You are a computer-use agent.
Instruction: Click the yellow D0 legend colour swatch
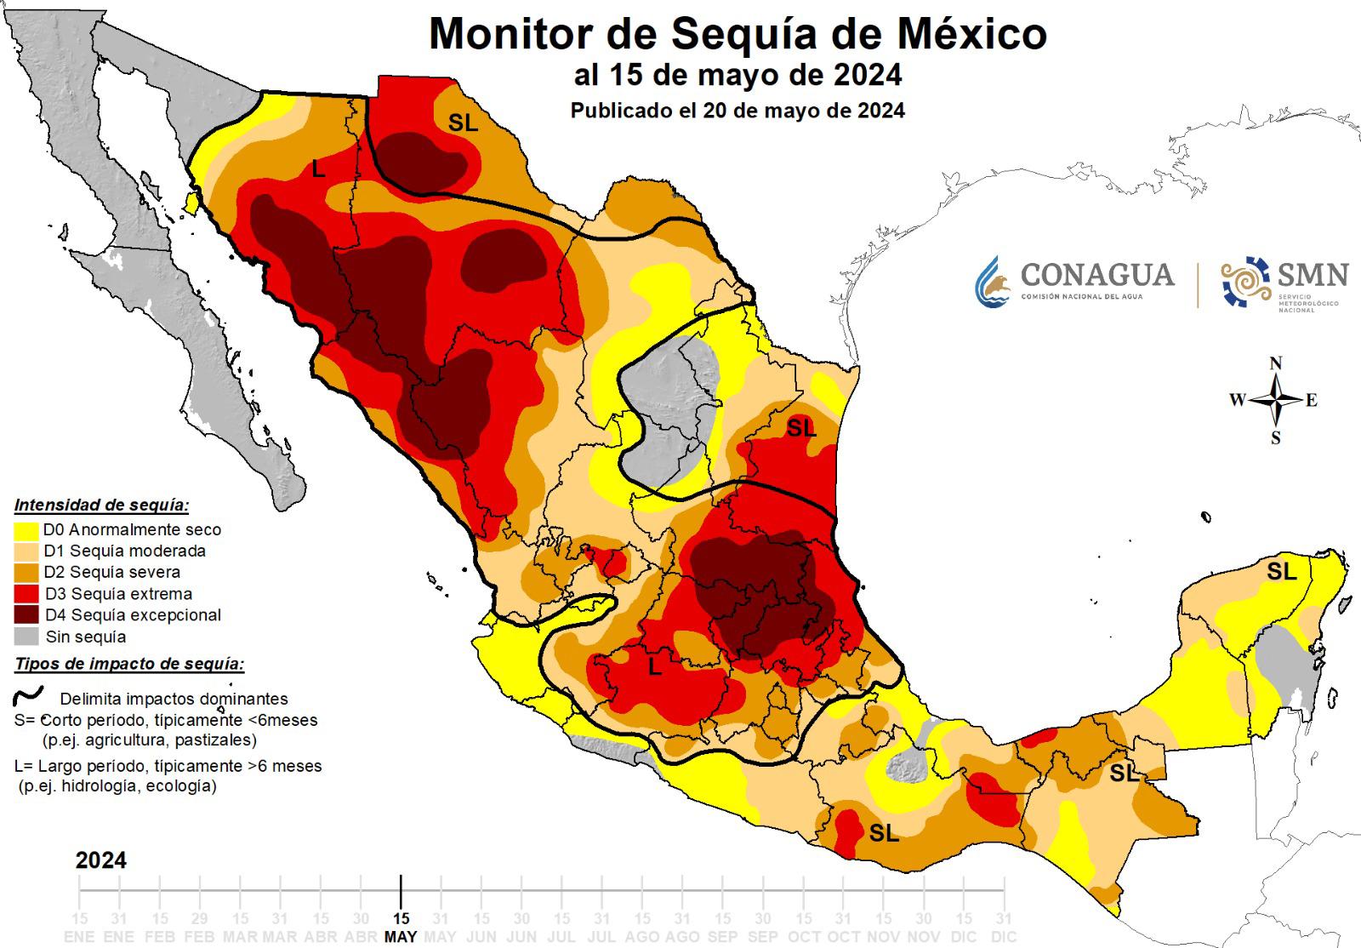[x=26, y=529]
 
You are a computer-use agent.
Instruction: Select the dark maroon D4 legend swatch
[x=26, y=614]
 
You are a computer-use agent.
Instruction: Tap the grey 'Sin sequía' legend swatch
[x=26, y=637]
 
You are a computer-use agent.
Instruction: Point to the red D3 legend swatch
[x=26, y=593]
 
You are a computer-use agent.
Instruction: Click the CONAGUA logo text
[x=1096, y=276]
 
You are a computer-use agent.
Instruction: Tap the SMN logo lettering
[x=1313, y=275]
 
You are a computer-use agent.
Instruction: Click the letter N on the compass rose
[x=1275, y=364]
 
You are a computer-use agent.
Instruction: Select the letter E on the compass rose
[x=1311, y=401]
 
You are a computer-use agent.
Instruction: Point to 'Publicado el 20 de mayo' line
[x=737, y=111]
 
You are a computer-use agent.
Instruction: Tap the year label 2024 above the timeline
[x=101, y=860]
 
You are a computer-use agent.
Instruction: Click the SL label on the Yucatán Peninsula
[x=1281, y=572]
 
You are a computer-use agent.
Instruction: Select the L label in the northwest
[x=318, y=169]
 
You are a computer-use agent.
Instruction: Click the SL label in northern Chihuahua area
[x=463, y=123]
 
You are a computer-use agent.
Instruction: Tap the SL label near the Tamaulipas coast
[x=800, y=428]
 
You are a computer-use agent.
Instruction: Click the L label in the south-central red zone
[x=654, y=667]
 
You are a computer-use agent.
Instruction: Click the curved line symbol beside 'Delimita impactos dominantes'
[x=29, y=697]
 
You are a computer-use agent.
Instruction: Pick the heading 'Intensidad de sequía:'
[x=101, y=505]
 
